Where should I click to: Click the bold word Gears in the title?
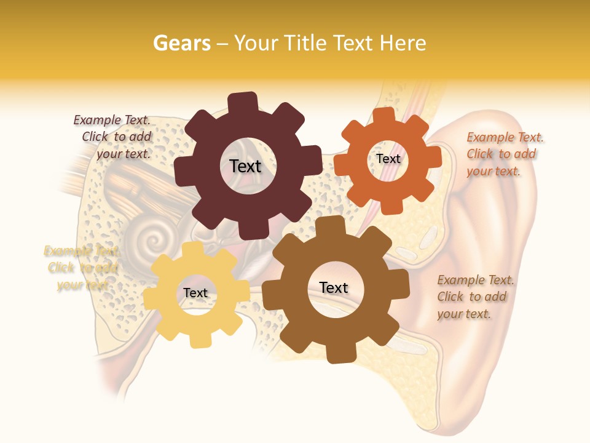(x=181, y=43)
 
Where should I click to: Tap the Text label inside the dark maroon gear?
(x=245, y=166)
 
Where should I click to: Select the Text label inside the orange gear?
(x=388, y=159)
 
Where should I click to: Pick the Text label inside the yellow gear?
(x=195, y=293)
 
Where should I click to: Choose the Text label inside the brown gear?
(x=334, y=287)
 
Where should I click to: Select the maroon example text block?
(x=114, y=137)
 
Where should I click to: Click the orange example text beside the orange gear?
(x=505, y=154)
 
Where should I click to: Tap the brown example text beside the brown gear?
(x=475, y=297)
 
